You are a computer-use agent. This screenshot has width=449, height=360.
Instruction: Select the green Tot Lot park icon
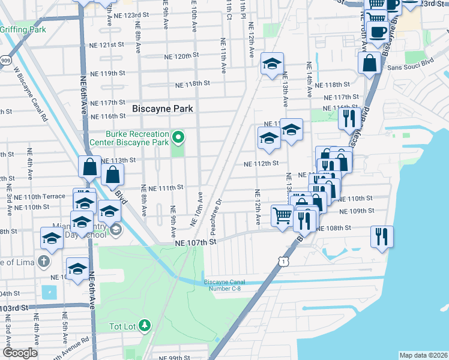145,326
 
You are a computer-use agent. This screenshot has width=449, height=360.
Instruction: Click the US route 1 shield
282,261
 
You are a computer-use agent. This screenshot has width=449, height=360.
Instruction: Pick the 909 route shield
5,60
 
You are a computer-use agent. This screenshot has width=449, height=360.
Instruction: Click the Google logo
19,353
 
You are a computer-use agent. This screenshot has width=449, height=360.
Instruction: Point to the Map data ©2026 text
423,355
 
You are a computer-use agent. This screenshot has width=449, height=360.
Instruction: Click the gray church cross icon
43,262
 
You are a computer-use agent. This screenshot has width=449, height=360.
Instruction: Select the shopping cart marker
282,215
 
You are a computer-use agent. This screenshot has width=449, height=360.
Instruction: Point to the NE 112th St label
261,163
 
